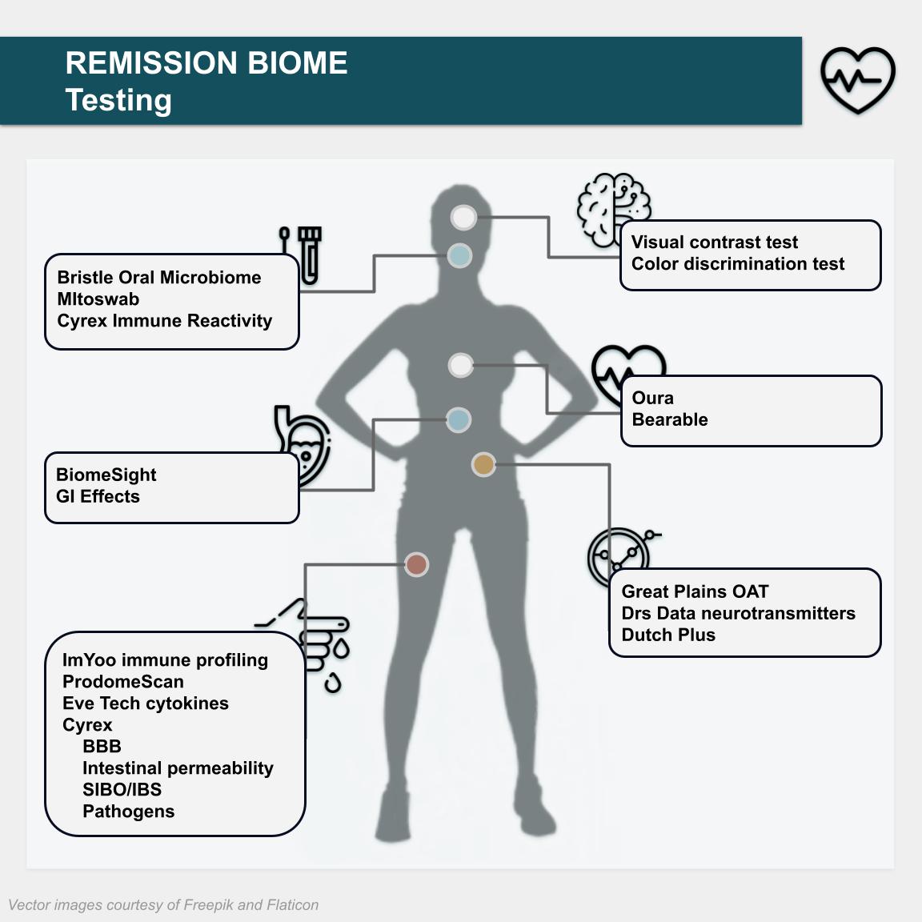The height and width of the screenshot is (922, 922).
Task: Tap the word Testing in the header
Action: tap(118, 100)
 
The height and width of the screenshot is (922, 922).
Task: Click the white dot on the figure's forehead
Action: tap(463, 217)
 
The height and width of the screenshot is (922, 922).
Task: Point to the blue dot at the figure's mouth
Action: tap(459, 256)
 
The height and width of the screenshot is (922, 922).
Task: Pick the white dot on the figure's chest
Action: tap(460, 366)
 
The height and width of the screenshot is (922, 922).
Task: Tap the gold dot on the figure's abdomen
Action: tap(483, 464)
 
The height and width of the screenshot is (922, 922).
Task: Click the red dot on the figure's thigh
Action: tap(416, 564)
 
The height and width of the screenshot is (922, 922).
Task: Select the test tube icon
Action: tap(309, 255)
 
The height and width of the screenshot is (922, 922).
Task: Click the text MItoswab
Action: tap(98, 299)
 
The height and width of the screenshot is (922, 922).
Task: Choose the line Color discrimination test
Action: tap(737, 264)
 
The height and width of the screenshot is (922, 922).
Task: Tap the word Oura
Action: tap(652, 398)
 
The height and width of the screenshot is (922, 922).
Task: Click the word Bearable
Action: tap(669, 419)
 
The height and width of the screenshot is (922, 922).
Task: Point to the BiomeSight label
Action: tap(106, 475)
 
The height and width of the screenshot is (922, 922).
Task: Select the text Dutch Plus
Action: tap(668, 635)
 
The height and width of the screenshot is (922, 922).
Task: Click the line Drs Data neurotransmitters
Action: tap(738, 613)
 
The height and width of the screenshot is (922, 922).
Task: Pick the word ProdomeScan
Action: tap(122, 682)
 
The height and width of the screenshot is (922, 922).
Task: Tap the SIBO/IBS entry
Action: tap(122, 789)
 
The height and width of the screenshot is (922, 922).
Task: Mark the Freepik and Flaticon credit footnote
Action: tap(163, 905)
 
